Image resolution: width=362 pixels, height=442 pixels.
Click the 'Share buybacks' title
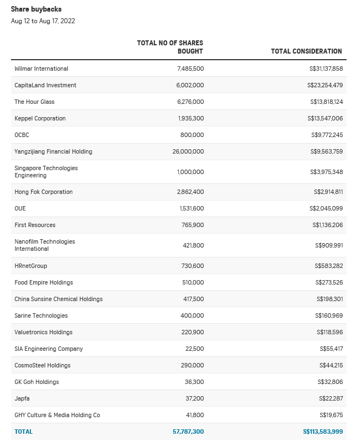[36, 9]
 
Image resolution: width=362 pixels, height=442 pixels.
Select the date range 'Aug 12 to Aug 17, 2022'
[43, 21]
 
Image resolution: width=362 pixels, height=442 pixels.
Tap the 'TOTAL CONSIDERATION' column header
[306, 51]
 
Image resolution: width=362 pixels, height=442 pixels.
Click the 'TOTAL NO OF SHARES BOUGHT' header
[170, 47]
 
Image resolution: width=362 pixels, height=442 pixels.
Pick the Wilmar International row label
[41, 69]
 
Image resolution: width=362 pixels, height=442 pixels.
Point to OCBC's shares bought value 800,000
[192, 135]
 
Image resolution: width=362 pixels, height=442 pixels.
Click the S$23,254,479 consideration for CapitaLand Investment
[325, 85]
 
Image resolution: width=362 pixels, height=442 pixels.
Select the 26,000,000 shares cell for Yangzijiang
[188, 151]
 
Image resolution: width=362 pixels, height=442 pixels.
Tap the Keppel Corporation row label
[40, 118]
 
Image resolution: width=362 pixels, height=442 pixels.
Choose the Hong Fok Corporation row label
[44, 192]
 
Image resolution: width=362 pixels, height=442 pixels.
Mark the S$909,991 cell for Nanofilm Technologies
[328, 245]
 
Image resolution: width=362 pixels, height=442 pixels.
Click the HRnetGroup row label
[31, 266]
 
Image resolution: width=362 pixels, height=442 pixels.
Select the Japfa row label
[22, 398]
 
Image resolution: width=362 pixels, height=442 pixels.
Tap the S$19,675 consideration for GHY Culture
[330, 415]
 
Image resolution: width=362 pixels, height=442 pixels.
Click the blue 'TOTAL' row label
[24, 432]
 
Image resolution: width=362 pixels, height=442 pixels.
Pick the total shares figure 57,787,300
[188, 432]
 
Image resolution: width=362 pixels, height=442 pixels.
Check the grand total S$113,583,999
[323, 432]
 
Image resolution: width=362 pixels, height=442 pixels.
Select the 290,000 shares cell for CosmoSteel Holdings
[192, 365]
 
